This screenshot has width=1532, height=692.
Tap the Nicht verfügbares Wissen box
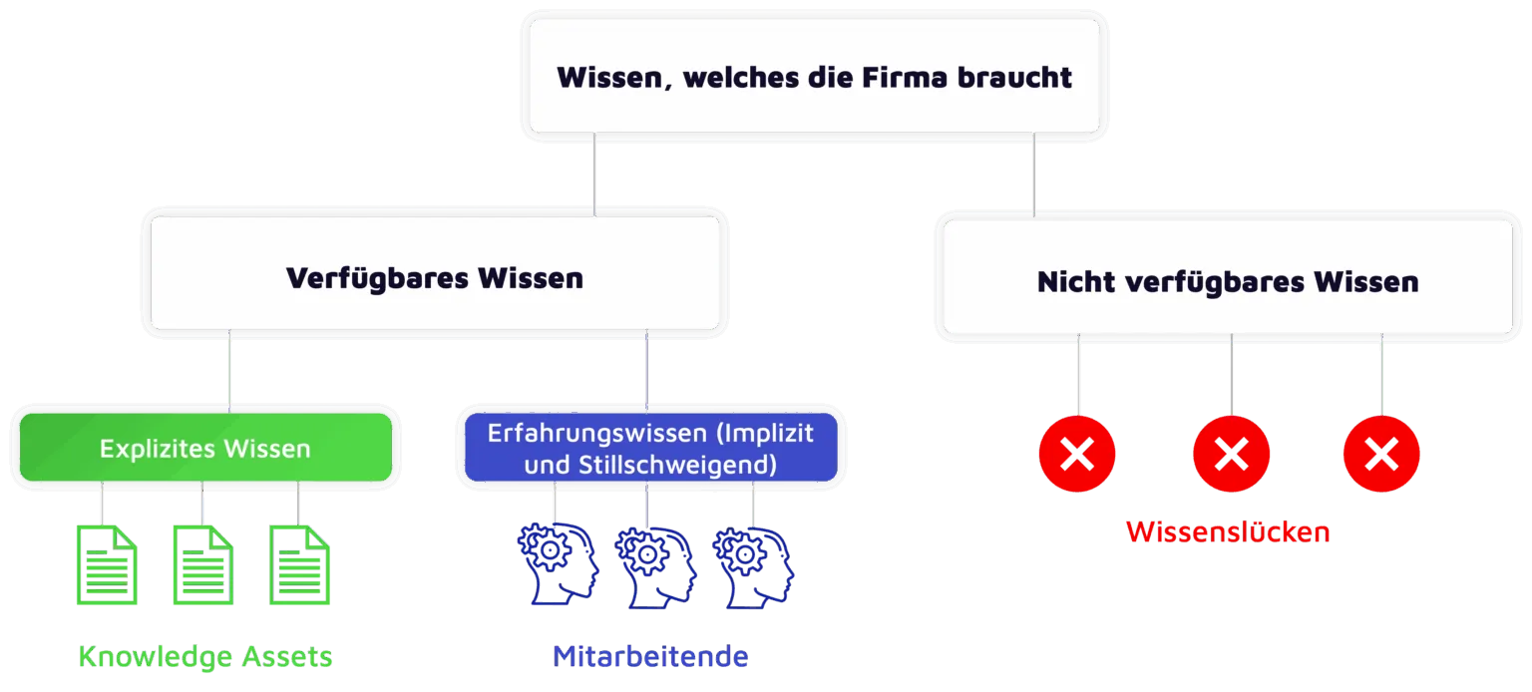[1228, 280]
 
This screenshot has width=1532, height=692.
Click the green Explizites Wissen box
[204, 449]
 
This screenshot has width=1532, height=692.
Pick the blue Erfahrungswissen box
[650, 449]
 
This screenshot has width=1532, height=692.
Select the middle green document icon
[203, 565]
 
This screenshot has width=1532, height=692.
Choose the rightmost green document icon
[300, 565]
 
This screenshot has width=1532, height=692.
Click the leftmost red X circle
[1077, 455]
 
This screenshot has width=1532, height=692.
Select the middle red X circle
[1232, 455]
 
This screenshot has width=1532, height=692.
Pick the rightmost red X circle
[1381, 455]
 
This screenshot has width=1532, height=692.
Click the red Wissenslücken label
[1228, 531]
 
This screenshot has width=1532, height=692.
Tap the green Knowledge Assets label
[205, 657]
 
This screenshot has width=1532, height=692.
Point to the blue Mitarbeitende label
[650, 657]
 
